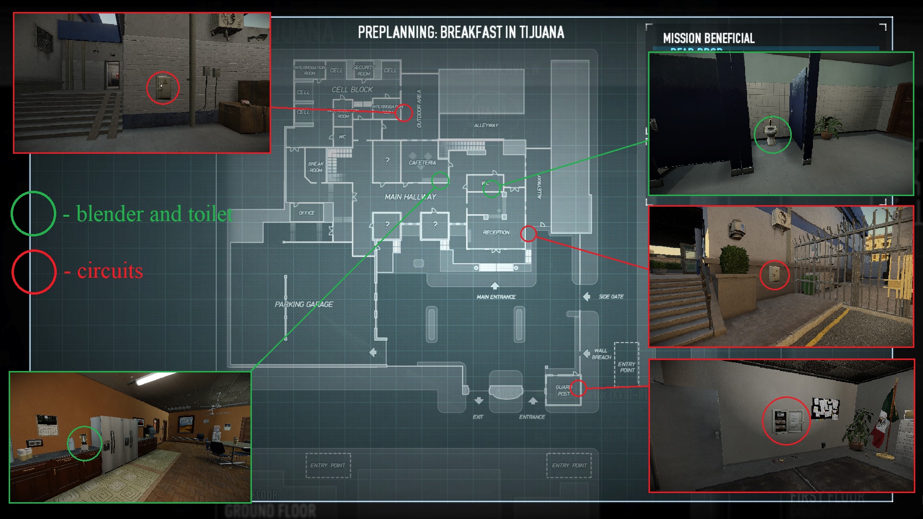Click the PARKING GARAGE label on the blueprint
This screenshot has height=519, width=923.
304,304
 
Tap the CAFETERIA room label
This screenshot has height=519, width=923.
422,163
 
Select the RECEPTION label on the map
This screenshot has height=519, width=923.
496,233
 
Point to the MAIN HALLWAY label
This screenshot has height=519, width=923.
410,197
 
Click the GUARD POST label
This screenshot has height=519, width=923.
563,390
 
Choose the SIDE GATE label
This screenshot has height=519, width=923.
611,297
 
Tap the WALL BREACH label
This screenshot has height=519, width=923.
601,354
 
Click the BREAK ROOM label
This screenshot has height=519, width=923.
316,167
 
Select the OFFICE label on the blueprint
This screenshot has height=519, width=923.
307,213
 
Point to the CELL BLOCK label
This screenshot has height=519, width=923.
352,90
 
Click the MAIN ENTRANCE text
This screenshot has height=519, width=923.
496,297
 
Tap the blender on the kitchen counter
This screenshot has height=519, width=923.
84,441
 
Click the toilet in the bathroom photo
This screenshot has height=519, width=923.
771,134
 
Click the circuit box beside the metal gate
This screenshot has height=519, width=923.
774,274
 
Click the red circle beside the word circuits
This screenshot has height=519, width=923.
34,272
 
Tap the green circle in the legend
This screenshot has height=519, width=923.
33,213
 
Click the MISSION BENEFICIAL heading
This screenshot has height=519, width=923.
708,38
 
